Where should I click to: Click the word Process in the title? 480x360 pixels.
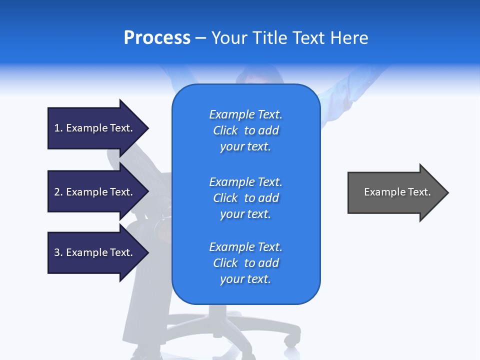point(157,38)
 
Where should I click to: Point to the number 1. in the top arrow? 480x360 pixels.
point(58,128)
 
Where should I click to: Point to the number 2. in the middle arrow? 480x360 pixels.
point(58,192)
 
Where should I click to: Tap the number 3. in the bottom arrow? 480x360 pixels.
point(58,252)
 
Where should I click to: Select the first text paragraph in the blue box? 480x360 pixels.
point(245,130)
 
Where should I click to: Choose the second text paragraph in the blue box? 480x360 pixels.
point(245,198)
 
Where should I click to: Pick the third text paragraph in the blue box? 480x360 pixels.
point(245,263)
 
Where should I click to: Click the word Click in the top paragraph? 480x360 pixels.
point(225,130)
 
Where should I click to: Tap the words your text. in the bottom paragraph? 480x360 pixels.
point(245,279)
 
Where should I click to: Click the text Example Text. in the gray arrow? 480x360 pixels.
point(397,192)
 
